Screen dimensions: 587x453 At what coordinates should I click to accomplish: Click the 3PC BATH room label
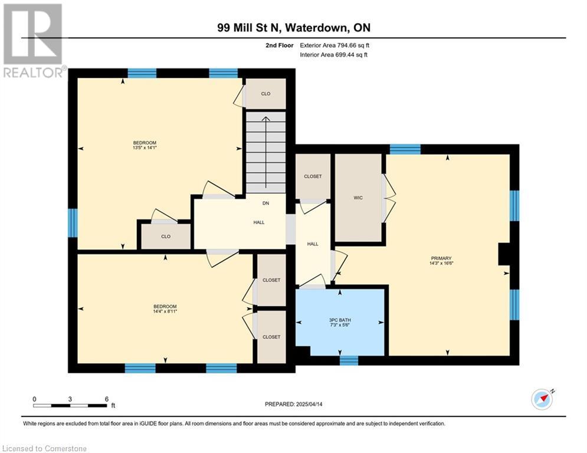click(x=340, y=320)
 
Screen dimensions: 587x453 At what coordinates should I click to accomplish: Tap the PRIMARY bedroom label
click(x=441, y=258)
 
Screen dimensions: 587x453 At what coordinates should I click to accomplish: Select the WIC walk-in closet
click(x=358, y=198)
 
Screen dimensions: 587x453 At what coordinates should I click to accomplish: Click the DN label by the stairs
click(x=266, y=203)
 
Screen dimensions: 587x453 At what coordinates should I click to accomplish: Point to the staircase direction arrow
click(x=266, y=152)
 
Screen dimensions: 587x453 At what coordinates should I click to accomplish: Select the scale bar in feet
click(x=70, y=405)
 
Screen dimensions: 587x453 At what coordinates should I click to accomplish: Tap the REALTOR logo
click(x=34, y=41)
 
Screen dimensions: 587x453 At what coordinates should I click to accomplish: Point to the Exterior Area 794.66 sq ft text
click(x=335, y=45)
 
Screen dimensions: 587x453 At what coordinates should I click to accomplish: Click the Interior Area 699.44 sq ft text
click(x=333, y=55)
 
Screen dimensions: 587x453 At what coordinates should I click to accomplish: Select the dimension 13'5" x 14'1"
click(x=145, y=147)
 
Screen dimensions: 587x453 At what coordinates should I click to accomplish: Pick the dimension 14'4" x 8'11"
click(x=165, y=311)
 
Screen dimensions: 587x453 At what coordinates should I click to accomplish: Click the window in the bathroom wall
click(x=349, y=360)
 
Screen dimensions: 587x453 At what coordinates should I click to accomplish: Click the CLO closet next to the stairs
click(x=266, y=94)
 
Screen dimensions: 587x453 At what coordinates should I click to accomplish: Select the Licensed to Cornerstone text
click(x=45, y=448)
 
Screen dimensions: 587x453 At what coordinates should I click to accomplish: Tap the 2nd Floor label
click(x=280, y=45)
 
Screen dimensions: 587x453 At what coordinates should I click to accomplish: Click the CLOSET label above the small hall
click(x=313, y=176)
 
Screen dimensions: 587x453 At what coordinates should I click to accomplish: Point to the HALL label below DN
click(x=258, y=222)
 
